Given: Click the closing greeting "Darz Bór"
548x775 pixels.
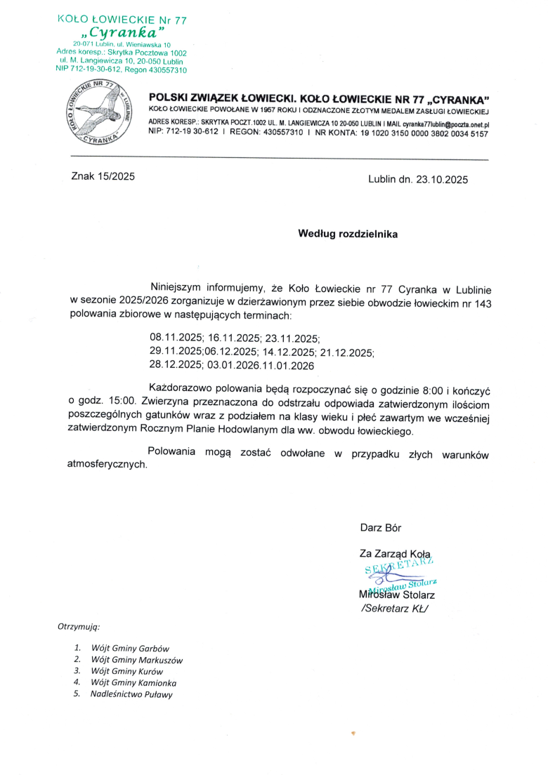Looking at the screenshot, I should coord(381,527).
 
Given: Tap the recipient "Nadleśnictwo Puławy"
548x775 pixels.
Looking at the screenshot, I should coord(131,694).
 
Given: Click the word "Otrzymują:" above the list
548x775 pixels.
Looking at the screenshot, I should coord(79,625).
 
